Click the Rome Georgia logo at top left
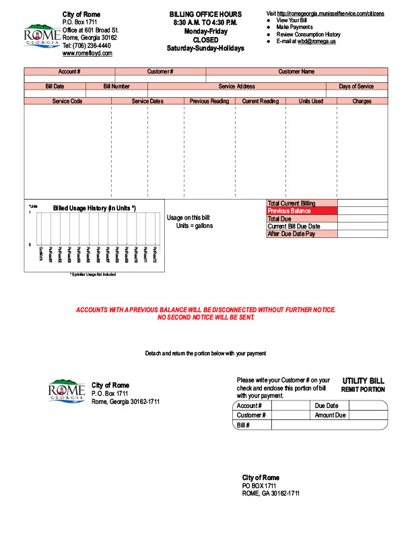40,35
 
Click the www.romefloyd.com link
87,53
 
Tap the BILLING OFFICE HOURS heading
205,14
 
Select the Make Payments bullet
294,27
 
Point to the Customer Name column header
296,71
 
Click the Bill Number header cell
116,86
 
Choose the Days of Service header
356,86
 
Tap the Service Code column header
67,101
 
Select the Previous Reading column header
209,101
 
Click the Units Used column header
311,101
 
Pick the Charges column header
362,101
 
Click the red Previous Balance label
289,211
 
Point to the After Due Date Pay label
291,234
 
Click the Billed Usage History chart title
94,208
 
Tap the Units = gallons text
195,226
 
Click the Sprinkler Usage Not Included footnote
93,274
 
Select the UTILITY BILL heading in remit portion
364,380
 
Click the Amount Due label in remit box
330,415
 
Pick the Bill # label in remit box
244,425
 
